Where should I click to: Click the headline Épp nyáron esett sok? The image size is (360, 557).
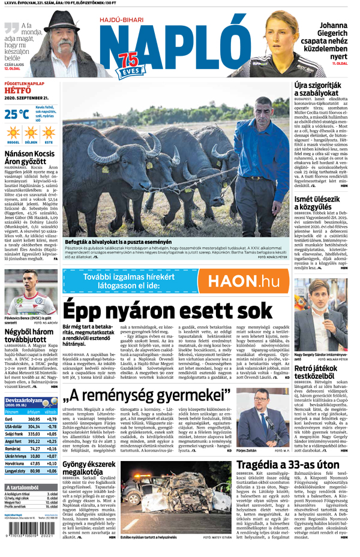(168, 311)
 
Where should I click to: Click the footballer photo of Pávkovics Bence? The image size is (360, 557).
(31, 293)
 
